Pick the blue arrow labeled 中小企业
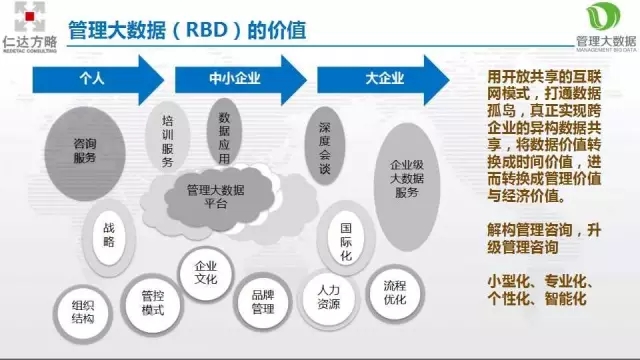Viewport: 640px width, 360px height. tap(240, 76)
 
